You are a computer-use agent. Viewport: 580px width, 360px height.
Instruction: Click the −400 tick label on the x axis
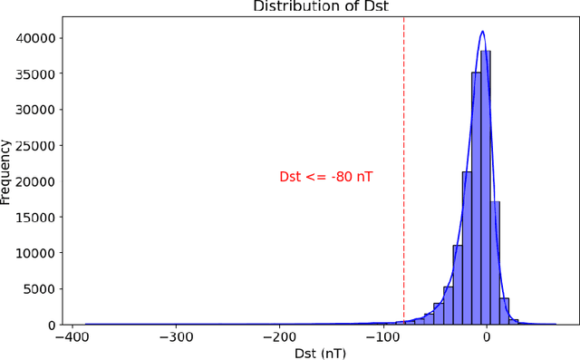coord(72,336)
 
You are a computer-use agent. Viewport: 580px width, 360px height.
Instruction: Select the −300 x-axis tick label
coord(175,336)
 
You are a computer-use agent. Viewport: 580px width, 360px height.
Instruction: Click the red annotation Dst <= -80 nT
coord(325,178)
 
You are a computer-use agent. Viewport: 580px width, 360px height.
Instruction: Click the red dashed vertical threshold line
coord(404,136)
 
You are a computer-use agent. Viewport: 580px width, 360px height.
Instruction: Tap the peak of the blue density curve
coord(482,32)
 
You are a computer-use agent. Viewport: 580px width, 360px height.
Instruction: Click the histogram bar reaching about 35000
coord(477,199)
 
